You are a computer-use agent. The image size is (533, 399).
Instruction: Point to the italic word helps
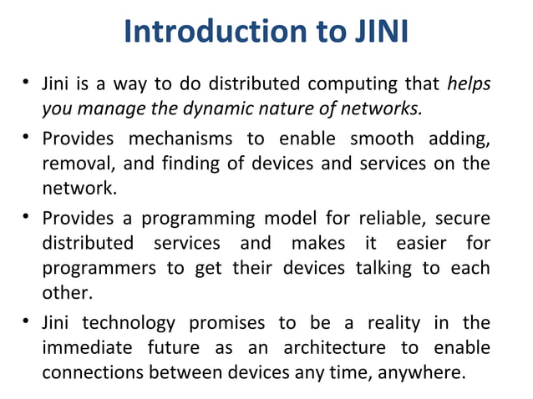tap(469, 85)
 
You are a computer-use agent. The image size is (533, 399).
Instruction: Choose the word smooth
tap(376, 138)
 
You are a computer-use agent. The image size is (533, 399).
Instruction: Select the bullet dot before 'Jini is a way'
tap(28, 84)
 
